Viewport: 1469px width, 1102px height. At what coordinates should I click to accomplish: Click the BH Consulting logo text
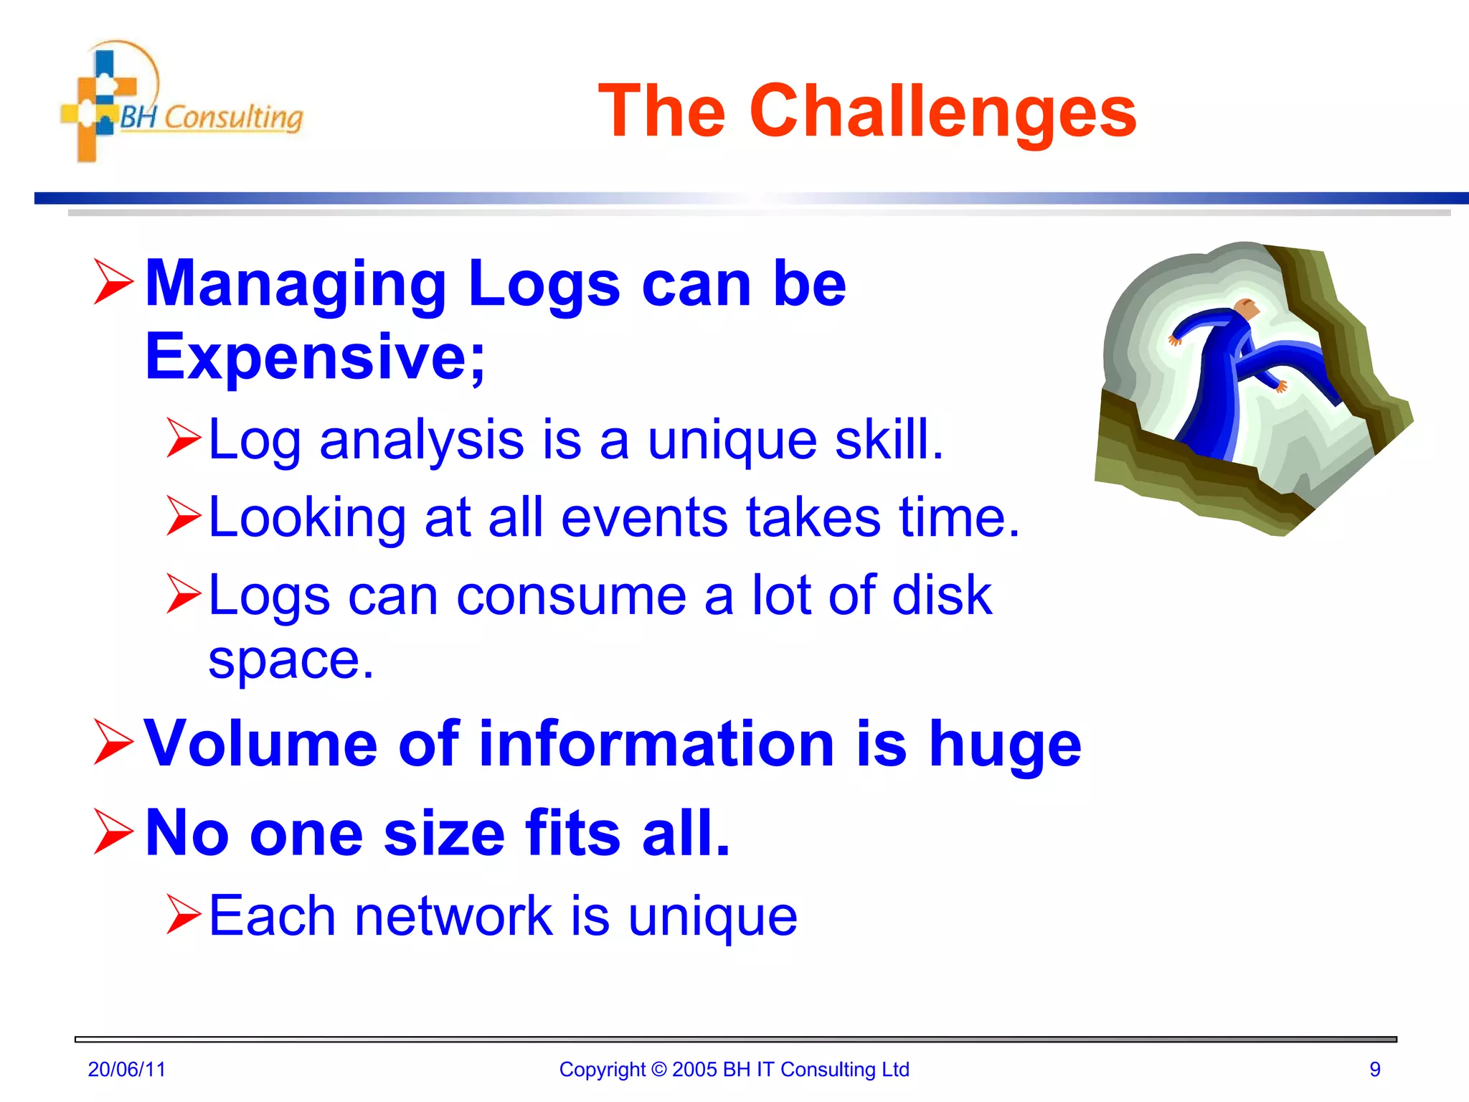(x=211, y=117)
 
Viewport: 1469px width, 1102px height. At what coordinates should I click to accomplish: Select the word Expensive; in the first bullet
(x=315, y=357)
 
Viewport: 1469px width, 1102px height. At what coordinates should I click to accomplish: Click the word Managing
(x=296, y=285)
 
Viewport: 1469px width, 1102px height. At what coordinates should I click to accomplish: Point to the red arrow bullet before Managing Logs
(x=113, y=283)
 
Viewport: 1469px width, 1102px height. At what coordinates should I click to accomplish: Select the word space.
(x=291, y=660)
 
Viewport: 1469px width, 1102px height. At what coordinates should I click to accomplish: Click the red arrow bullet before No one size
(x=113, y=832)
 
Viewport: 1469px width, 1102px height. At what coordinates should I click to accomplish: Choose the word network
(x=453, y=916)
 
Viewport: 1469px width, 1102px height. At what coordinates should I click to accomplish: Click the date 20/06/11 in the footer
(x=126, y=1069)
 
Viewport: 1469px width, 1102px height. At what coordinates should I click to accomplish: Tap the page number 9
(x=1374, y=1069)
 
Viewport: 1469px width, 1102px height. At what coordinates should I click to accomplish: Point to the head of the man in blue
(x=1247, y=309)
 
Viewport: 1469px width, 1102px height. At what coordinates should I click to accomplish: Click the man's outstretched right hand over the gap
(x=1279, y=387)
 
